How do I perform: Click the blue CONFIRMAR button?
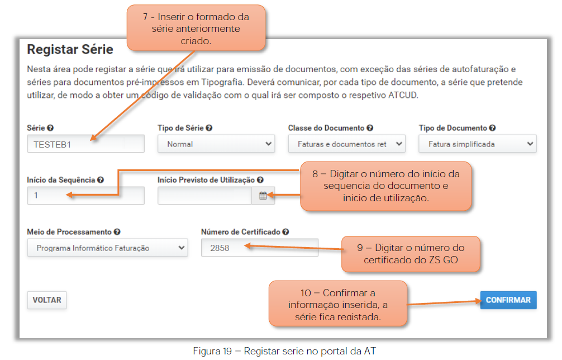(508, 300)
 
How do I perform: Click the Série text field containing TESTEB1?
(85, 144)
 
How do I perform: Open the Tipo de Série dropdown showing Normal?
(216, 144)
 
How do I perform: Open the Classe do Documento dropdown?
(346, 144)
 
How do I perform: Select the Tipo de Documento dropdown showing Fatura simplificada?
(478, 144)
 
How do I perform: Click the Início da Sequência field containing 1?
(85, 196)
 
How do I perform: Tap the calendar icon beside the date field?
(263, 196)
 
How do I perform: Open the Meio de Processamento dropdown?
(107, 248)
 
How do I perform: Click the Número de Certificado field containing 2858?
(260, 248)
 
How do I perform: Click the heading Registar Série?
(70, 50)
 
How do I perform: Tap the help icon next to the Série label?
(50, 128)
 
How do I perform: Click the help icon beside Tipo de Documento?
(493, 128)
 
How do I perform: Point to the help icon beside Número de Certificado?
(285, 232)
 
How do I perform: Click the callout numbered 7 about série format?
(196, 28)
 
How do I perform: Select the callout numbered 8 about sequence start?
(385, 186)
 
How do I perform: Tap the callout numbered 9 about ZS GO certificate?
(411, 254)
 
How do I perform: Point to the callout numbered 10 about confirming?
(337, 304)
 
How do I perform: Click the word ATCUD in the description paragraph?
(403, 96)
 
